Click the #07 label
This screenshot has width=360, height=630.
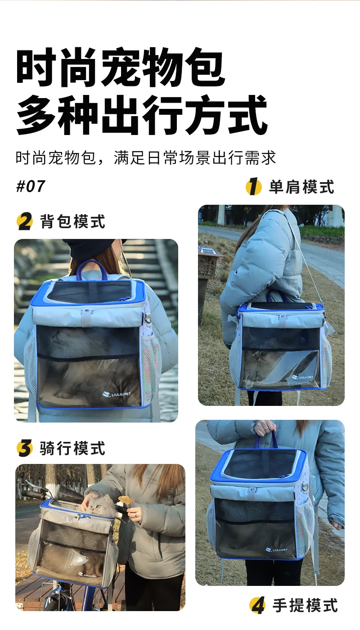point(31,186)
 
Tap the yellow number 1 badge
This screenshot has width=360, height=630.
point(254,186)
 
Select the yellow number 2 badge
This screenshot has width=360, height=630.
point(25,221)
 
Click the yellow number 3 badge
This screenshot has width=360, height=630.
point(25,448)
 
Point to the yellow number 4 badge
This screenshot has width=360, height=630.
point(257,605)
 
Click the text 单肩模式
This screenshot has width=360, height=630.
point(301,187)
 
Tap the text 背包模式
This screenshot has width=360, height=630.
point(72,221)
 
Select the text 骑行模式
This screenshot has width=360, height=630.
point(72,448)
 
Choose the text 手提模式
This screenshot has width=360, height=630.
point(305,605)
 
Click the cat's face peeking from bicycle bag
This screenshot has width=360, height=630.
point(99,506)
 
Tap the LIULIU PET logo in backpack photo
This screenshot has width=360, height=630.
point(116,394)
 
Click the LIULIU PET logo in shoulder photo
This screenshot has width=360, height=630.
point(302,377)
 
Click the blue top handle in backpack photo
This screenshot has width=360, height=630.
point(91,270)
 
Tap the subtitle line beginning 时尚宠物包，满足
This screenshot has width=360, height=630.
point(146,157)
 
